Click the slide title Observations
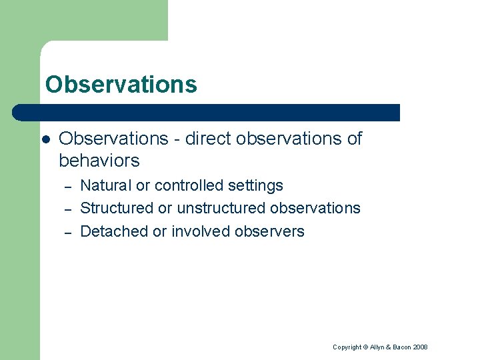121,85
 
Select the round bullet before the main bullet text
45,139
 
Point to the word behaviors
99,161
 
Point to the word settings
255,186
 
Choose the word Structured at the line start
117,209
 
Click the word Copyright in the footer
347,347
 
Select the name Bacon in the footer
401,347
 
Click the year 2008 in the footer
421,347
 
